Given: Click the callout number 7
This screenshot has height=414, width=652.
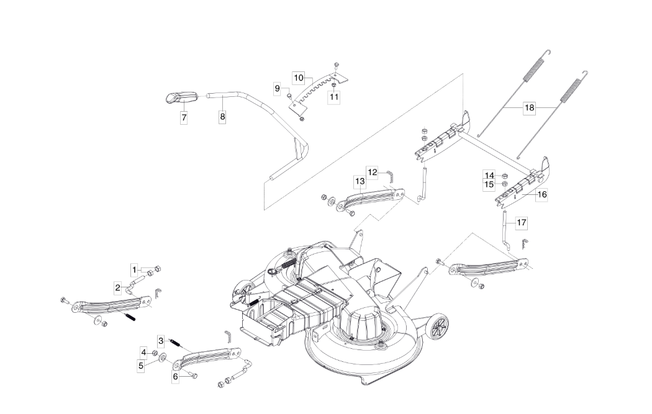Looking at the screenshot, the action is (184, 118).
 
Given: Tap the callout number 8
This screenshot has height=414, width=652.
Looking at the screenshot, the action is (222, 117).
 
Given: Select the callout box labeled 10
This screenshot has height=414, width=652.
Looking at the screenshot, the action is (299, 78).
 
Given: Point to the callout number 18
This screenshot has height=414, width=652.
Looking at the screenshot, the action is (529, 107).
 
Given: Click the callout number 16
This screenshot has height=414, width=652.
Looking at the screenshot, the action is (542, 194).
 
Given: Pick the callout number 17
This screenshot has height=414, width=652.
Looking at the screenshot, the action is (522, 223).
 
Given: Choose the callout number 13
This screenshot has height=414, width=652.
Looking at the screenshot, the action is (360, 181).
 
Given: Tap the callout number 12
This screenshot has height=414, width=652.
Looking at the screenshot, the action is (373, 172).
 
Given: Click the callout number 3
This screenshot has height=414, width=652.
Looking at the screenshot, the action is (161, 341).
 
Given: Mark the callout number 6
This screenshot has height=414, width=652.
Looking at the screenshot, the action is (175, 377).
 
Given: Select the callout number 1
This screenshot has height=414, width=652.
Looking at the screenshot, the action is (134, 270).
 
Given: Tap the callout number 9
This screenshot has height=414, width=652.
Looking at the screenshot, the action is (278, 88).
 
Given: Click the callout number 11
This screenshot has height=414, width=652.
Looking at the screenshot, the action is (334, 97).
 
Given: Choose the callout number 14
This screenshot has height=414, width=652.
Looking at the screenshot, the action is (489, 176).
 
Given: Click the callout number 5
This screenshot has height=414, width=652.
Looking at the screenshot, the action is (141, 366).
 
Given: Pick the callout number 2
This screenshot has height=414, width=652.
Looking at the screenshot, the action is (118, 287).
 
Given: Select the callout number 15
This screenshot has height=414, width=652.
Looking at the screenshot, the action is (489, 184).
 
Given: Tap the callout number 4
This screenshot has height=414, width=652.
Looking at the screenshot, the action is (144, 353).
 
